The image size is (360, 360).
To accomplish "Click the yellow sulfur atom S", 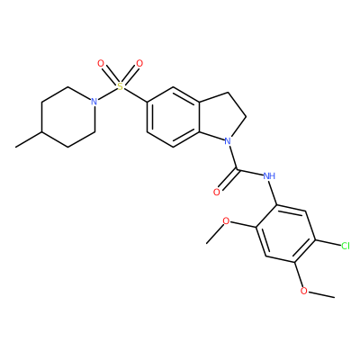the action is click(x=120, y=86).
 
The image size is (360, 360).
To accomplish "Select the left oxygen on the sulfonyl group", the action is click(x=101, y=64).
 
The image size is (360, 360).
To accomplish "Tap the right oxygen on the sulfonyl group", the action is click(x=139, y=64).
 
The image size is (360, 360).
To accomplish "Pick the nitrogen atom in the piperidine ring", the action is click(x=94, y=102).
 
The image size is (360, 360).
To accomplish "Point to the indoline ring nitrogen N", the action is click(x=228, y=140).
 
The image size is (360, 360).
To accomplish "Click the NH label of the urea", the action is click(x=269, y=175).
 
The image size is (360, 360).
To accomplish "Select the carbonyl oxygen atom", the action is click(x=217, y=193).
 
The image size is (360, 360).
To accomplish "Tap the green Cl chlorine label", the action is click(x=346, y=247).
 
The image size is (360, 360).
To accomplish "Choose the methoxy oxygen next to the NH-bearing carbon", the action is click(x=226, y=221).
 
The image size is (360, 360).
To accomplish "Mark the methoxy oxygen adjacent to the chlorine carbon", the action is click(x=304, y=291).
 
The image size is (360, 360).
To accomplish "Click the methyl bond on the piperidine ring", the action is click(x=29, y=139).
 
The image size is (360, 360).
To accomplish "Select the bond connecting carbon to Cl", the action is click(x=328, y=243).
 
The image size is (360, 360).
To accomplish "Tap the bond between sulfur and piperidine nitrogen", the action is click(x=107, y=94).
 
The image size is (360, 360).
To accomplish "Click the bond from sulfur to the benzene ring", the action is click(x=135, y=95).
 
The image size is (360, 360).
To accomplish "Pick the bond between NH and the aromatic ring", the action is click(x=274, y=193).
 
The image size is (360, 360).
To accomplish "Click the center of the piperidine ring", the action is click(x=68, y=117).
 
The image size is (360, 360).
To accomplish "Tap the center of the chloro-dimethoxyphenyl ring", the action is click(x=285, y=234).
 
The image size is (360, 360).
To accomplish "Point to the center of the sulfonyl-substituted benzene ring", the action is click(x=173, y=117).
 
